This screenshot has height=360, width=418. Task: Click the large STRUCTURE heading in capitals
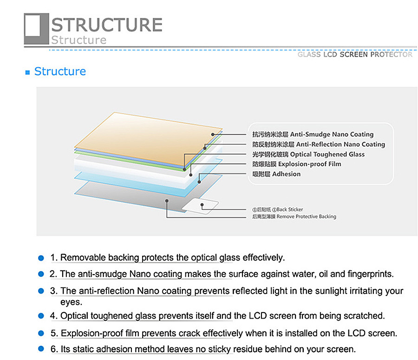point(106,24)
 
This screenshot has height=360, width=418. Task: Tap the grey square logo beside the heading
point(36,29)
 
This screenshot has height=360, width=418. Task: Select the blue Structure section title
point(60,72)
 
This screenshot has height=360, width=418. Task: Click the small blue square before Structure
point(27,72)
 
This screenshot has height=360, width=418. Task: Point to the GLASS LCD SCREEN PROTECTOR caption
point(355,54)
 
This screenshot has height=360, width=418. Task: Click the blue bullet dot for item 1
point(41,258)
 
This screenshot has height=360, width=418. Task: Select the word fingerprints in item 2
point(371,274)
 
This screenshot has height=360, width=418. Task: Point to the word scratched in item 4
point(362,316)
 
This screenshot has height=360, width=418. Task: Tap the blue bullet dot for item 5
point(41,333)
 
